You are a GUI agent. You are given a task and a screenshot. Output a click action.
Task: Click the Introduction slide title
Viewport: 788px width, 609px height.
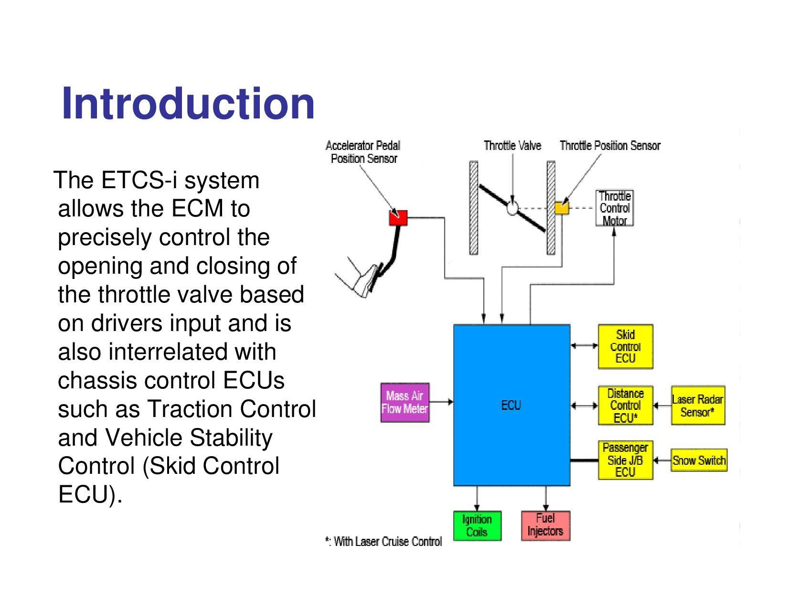point(188,104)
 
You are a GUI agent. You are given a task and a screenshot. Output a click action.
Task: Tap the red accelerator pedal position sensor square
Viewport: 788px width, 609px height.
point(398,218)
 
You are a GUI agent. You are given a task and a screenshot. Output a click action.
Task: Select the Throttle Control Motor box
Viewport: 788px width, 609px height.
point(615,208)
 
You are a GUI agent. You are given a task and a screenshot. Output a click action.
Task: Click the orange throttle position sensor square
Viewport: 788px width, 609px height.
point(562,208)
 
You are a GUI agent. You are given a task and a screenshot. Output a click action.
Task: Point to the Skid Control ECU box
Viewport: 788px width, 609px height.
point(625,346)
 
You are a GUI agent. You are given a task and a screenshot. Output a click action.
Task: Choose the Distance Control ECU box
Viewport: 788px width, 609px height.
point(625,406)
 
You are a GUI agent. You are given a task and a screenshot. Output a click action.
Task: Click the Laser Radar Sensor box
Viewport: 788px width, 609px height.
point(698,406)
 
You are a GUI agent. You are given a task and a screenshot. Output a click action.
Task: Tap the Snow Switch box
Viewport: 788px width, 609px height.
point(699,460)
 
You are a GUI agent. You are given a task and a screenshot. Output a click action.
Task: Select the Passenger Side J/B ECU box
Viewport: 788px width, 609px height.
point(625,460)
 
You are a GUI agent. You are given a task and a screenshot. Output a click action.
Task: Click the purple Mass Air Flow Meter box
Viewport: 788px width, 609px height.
point(405,402)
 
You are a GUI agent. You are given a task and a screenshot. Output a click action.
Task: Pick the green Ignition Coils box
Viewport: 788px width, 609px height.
point(477,525)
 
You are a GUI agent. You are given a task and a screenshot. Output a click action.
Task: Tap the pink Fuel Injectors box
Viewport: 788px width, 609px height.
point(545,525)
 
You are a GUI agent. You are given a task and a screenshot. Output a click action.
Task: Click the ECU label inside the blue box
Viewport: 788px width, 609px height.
point(511,406)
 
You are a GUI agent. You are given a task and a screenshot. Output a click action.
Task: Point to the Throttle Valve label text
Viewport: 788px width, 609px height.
point(512,145)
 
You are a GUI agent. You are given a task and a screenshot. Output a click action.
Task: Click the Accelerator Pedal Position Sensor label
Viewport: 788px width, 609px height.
point(363,152)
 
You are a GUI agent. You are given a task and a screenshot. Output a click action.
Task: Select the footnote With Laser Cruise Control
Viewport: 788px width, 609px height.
point(383,541)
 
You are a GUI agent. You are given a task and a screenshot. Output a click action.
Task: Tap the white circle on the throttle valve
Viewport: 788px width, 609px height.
point(512,208)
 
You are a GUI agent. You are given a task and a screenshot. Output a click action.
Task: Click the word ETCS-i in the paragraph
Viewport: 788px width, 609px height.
point(142,181)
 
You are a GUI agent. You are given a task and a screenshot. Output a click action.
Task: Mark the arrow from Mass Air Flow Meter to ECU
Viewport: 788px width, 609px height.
point(441,402)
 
